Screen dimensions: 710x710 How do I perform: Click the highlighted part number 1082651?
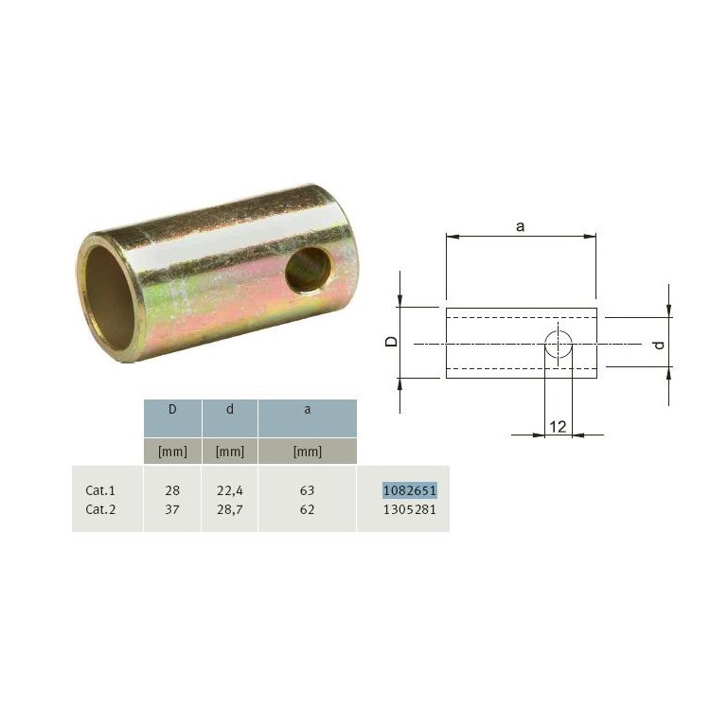(410, 490)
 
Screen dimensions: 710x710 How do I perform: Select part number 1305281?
(410, 510)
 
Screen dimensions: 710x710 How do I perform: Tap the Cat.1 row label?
(100, 490)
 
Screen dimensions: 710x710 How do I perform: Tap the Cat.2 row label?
(100, 510)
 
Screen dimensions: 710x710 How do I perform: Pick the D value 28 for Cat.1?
(172, 490)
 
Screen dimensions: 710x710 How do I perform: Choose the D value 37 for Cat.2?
(172, 510)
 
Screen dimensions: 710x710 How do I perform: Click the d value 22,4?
(230, 490)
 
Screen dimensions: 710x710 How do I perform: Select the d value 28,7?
(230, 510)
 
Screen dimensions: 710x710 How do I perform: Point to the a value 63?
(307, 490)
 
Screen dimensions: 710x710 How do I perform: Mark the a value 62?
(307, 510)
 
